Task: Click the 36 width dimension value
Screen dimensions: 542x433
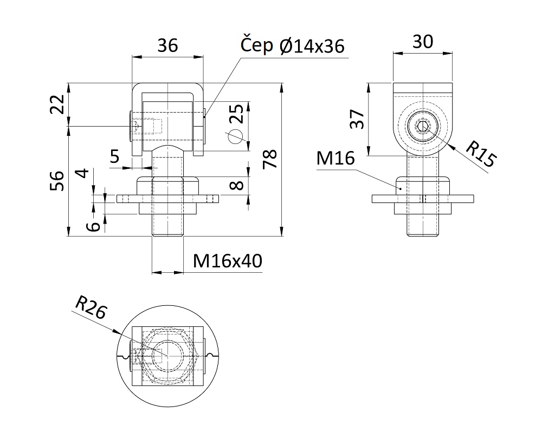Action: [x=167, y=45]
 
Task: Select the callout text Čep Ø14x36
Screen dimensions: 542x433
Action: [x=293, y=45]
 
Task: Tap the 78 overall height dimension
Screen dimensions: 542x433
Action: [x=270, y=159]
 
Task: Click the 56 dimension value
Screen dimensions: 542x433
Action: [x=57, y=181]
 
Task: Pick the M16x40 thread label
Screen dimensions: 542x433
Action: [x=228, y=261]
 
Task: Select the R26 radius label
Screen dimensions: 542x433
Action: [x=91, y=307]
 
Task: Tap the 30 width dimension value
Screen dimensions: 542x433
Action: [x=423, y=42]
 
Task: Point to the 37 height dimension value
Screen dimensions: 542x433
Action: [x=357, y=119]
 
